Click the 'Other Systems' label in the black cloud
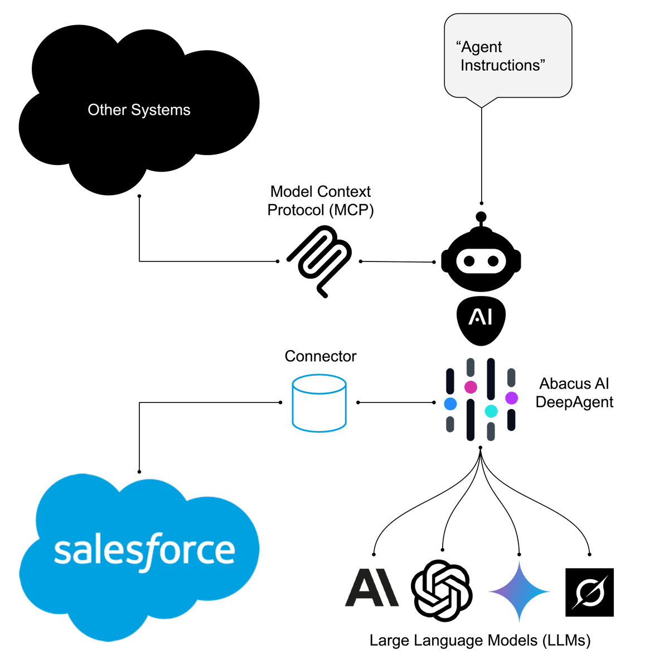[x=139, y=110]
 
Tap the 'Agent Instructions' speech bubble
[x=507, y=56]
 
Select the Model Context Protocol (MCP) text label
[x=320, y=201]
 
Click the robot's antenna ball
[x=481, y=216]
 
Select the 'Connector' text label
[x=320, y=356]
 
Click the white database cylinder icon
[x=319, y=403]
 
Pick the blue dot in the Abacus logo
[x=450, y=404]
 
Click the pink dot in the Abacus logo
[x=471, y=386]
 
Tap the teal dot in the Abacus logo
[x=491, y=411]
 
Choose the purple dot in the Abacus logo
[x=511, y=397]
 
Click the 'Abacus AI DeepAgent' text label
[x=574, y=393]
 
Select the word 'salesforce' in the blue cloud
[x=144, y=551]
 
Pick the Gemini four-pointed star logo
[x=518, y=592]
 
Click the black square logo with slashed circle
[x=589, y=593]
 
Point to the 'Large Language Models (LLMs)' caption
[x=479, y=641]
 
